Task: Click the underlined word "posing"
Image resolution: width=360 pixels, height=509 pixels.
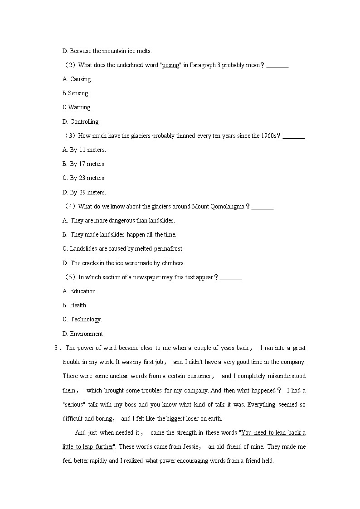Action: (x=170, y=65)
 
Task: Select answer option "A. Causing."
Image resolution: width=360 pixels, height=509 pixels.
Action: (x=77, y=79)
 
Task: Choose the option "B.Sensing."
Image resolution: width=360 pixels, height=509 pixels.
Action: (x=76, y=93)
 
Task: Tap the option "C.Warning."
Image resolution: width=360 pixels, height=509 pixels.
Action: (x=77, y=107)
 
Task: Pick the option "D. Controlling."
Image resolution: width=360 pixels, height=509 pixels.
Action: (x=81, y=121)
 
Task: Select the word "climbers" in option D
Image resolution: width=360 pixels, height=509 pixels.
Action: (x=172, y=263)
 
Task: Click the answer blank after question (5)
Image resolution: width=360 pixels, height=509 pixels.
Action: (x=231, y=277)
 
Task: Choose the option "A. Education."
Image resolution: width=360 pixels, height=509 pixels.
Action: (x=80, y=291)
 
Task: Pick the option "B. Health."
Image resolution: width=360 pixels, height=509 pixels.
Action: (x=75, y=305)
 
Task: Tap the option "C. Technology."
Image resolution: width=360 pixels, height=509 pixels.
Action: (x=82, y=320)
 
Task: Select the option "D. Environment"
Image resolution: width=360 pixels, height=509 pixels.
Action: (x=83, y=334)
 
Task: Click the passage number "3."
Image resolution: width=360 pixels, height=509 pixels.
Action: (x=57, y=348)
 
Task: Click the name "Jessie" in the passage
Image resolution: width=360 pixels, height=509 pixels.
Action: (x=190, y=446)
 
